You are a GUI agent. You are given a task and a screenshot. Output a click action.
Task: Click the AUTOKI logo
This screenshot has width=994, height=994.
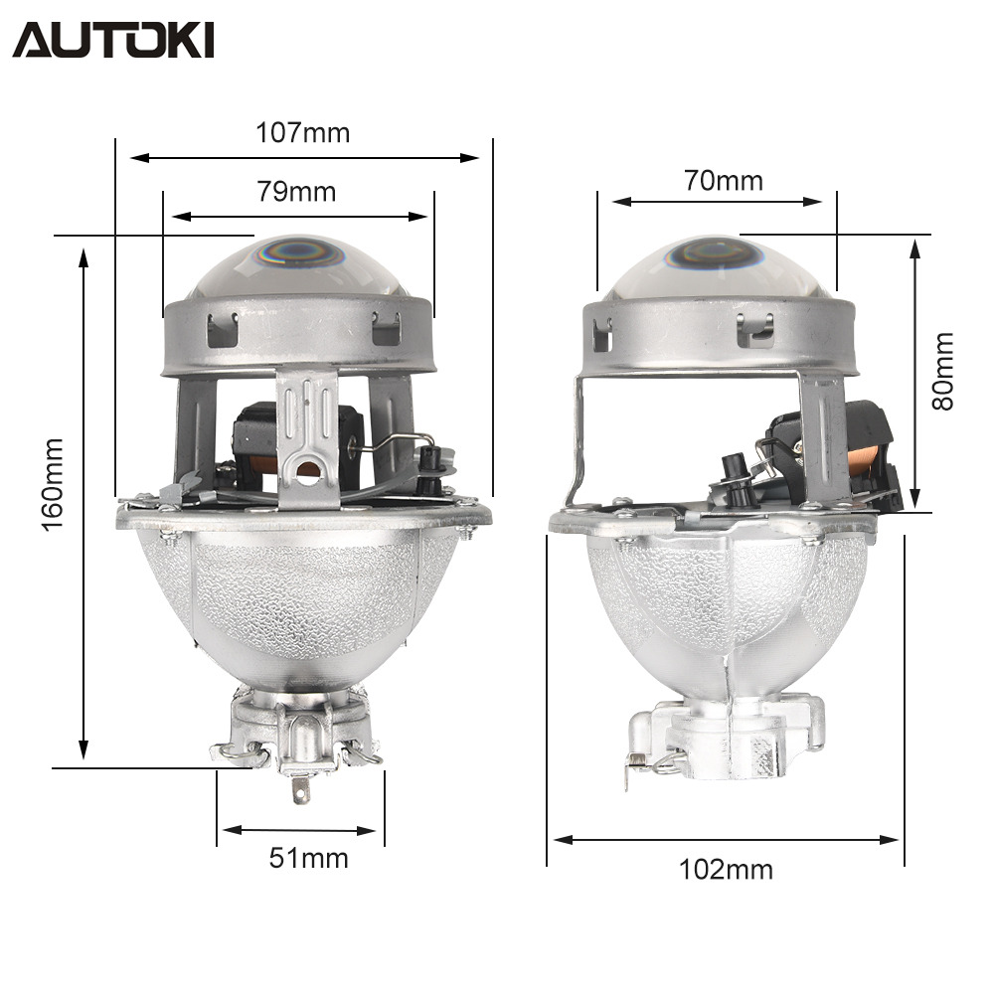tap(113, 40)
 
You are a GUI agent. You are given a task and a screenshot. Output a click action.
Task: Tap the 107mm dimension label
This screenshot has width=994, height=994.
tap(302, 133)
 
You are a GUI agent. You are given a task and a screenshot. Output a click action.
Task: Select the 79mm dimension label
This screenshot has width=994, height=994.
tap(296, 192)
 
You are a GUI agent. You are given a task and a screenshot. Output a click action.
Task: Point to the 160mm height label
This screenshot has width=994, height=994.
tap(53, 484)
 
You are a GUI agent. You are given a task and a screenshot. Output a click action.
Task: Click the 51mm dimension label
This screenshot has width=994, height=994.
tap(309, 859)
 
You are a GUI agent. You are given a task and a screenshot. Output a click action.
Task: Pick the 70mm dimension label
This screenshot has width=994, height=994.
tap(724, 181)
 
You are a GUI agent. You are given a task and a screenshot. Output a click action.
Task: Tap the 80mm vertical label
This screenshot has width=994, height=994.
tap(942, 371)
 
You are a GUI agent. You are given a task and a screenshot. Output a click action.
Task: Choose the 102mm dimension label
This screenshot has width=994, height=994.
tap(726, 869)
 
